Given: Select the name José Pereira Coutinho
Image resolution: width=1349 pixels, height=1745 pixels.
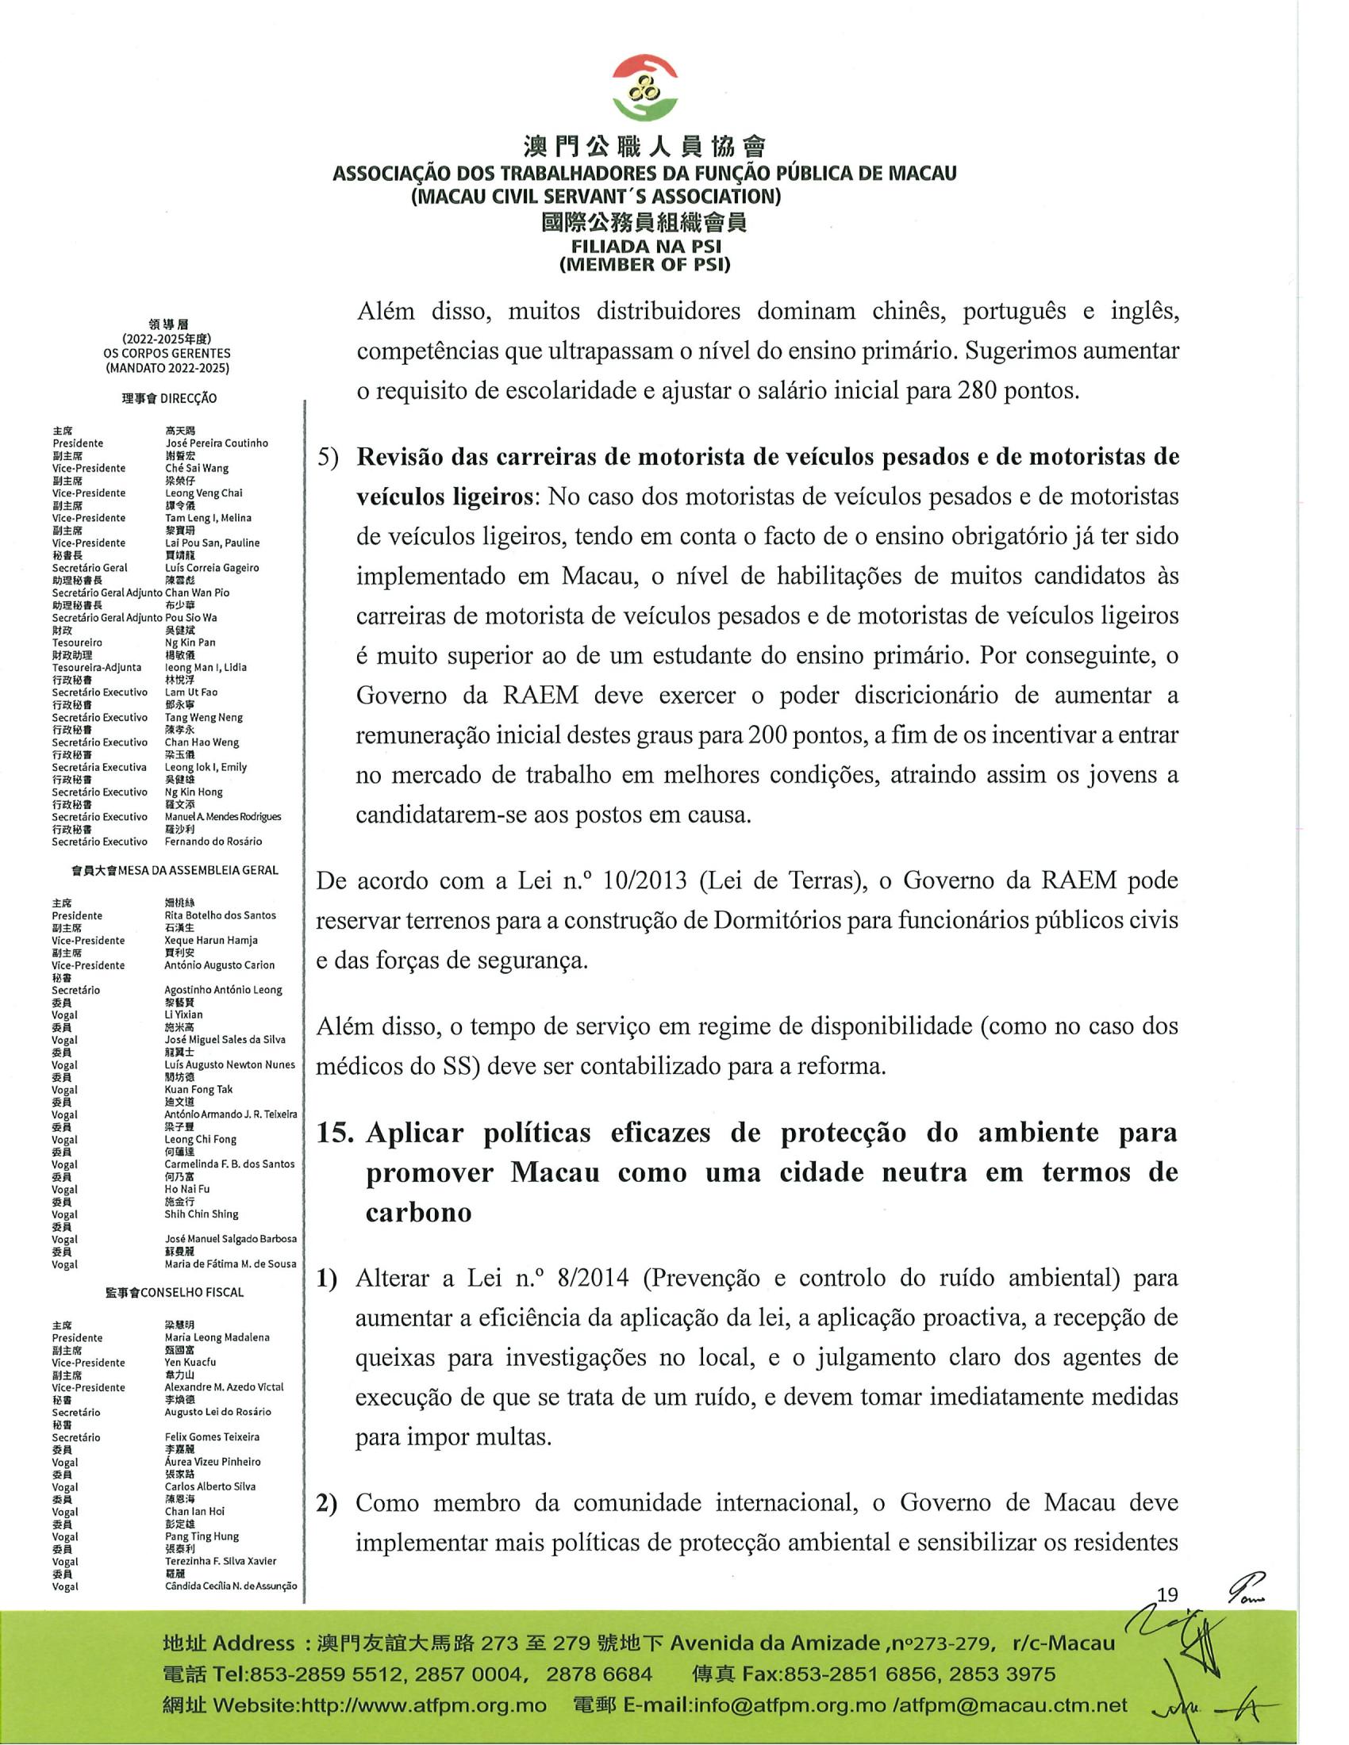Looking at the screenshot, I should [216, 443].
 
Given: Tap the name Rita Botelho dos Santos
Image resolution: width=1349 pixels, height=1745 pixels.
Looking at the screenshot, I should [220, 915].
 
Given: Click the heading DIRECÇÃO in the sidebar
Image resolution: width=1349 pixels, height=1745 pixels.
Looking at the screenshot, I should [188, 398].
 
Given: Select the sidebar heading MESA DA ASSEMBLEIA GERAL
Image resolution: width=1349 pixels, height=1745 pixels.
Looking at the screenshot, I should [198, 870].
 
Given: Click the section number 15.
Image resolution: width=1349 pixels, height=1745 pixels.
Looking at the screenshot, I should [335, 1133].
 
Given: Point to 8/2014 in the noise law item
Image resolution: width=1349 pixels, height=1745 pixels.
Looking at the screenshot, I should [599, 1279].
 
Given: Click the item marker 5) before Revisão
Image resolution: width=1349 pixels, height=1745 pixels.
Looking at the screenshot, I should [329, 458].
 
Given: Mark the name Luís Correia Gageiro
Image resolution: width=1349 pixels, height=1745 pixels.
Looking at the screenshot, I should [212, 567].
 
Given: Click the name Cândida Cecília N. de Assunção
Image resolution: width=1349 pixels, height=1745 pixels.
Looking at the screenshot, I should [230, 1586].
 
